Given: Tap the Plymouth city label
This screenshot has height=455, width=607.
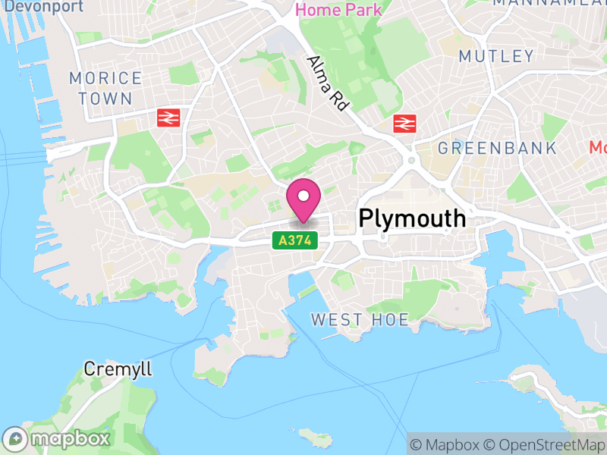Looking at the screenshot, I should click(412, 218).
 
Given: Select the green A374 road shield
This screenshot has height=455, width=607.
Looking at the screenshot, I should click(294, 240).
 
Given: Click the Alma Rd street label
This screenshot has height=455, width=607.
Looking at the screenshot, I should click(327, 83).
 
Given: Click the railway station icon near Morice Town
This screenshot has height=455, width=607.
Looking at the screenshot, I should click(168, 118).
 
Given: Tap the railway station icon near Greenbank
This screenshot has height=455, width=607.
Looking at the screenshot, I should click(404, 122).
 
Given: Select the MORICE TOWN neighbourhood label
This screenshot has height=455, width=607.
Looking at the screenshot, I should click(105, 88).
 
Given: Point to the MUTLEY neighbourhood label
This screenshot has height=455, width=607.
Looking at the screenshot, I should click(496, 56).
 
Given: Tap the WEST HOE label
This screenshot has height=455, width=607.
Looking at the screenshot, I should click(360, 320).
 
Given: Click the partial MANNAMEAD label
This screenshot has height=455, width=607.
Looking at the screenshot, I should click(550, 3).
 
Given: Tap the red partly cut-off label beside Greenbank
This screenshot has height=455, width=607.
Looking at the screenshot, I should click(599, 147).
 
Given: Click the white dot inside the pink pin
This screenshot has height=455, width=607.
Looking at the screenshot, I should click(303, 196).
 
